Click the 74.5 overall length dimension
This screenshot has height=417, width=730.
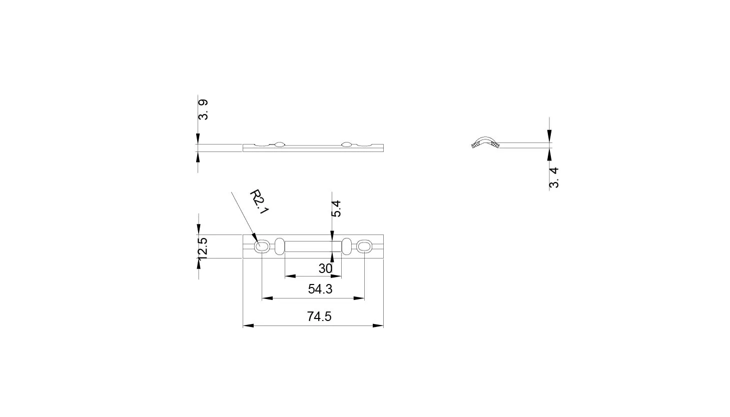click(x=319, y=316)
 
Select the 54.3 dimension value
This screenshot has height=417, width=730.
click(x=320, y=289)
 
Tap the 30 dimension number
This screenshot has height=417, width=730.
click(x=325, y=269)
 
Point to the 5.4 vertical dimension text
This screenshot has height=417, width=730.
click(x=336, y=209)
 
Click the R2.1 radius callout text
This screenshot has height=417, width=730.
click(x=259, y=202)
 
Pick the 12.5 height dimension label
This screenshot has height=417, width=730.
click(x=202, y=248)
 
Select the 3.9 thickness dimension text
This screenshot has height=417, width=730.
click(x=203, y=110)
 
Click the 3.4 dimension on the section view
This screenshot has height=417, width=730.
click(x=554, y=178)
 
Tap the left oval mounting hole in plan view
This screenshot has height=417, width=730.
click(x=262, y=246)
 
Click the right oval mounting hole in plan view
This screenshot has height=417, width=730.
click(x=364, y=246)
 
